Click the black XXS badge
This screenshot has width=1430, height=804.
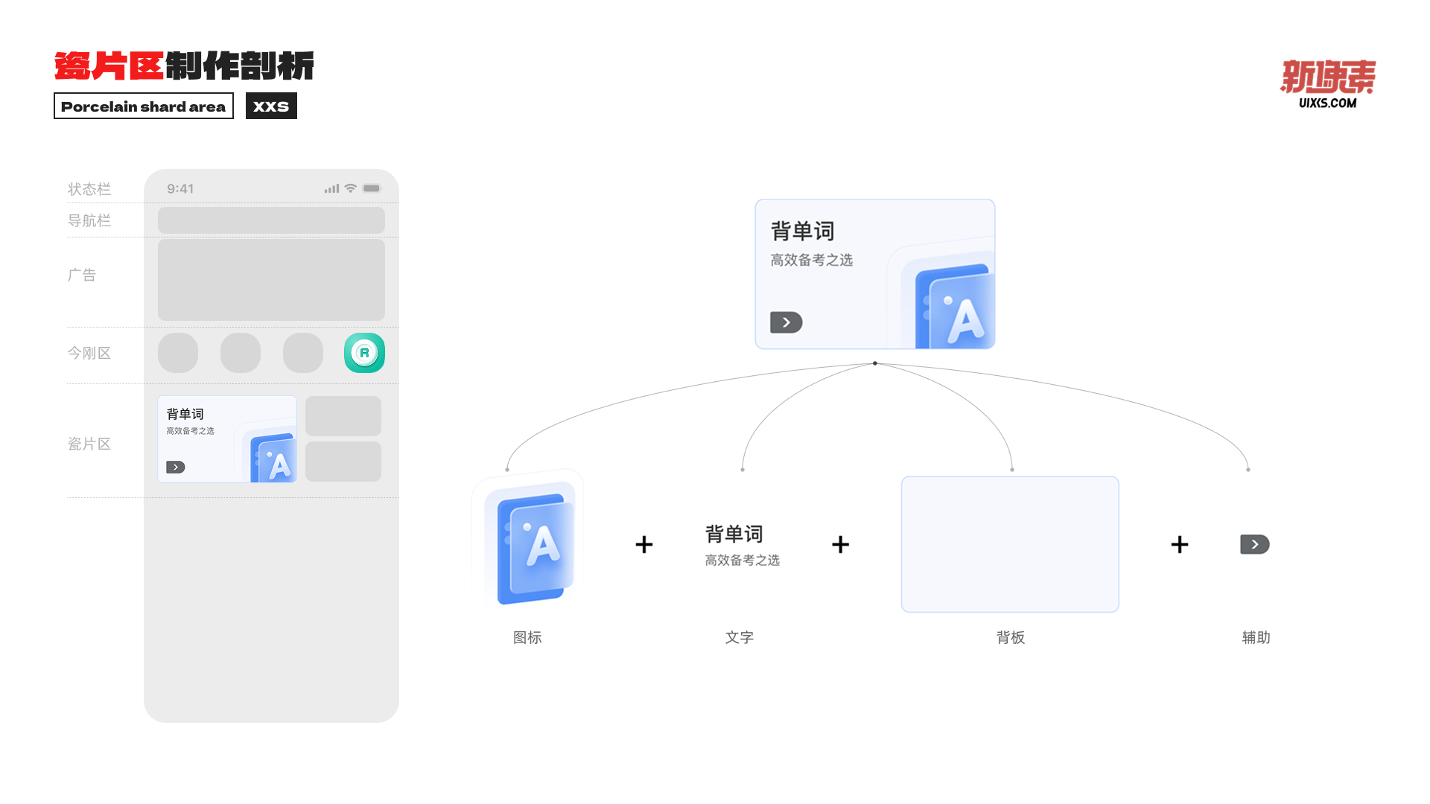tap(271, 106)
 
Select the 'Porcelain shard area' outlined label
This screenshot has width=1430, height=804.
tap(143, 106)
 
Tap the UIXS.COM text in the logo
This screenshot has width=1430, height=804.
tap(1327, 103)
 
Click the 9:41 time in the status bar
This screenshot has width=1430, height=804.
tap(180, 189)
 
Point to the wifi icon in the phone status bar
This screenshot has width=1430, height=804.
tap(350, 188)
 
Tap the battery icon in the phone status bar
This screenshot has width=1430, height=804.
tap(372, 188)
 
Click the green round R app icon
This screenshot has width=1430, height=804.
tap(364, 353)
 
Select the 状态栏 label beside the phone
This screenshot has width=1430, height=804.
tap(89, 189)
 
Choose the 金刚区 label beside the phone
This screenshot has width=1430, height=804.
tap(89, 353)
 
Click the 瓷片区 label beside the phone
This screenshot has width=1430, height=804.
tap(89, 444)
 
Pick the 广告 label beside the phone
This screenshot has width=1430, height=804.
tap(82, 275)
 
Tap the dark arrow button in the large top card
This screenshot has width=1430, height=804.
tap(786, 322)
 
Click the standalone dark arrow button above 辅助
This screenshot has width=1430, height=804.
tap(1254, 544)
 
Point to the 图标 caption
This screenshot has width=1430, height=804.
tap(527, 637)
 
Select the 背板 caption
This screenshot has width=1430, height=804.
tap(1011, 637)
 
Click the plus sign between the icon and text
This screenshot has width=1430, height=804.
tap(644, 544)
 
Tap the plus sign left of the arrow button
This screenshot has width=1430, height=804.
tap(1180, 544)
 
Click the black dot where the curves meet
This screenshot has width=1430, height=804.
tap(875, 363)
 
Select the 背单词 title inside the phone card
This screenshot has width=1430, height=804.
tap(185, 414)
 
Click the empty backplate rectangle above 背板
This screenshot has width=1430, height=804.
tap(1010, 544)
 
